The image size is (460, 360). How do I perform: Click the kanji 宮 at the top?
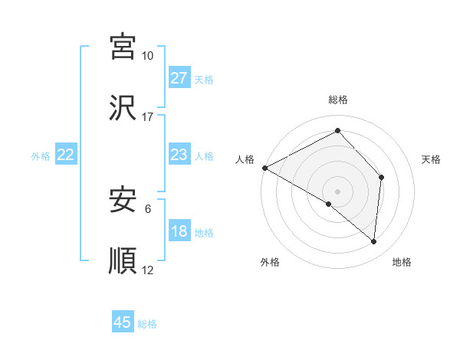click(123, 47)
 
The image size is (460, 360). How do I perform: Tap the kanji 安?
click(123, 201)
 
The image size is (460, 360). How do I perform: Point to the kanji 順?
click(123, 261)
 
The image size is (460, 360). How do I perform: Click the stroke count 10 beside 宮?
click(147, 56)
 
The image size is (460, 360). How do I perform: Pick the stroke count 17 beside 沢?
click(147, 117)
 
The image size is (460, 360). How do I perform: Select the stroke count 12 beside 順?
click(148, 270)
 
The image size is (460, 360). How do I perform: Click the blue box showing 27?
click(179, 78)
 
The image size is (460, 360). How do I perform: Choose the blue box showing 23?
click(179, 155)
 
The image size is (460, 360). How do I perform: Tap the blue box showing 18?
click(179, 231)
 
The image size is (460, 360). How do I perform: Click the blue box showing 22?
click(66, 155)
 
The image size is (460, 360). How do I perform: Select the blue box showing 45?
click(123, 322)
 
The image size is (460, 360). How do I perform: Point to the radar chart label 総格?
click(338, 100)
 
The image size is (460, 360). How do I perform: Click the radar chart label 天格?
click(431, 159)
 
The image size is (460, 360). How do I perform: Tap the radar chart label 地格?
click(402, 263)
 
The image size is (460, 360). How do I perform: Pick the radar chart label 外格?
click(270, 263)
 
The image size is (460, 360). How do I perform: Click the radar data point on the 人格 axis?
click(264, 168)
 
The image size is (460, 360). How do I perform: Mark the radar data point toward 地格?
click(373, 241)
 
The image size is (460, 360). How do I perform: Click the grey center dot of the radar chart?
click(337, 191)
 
